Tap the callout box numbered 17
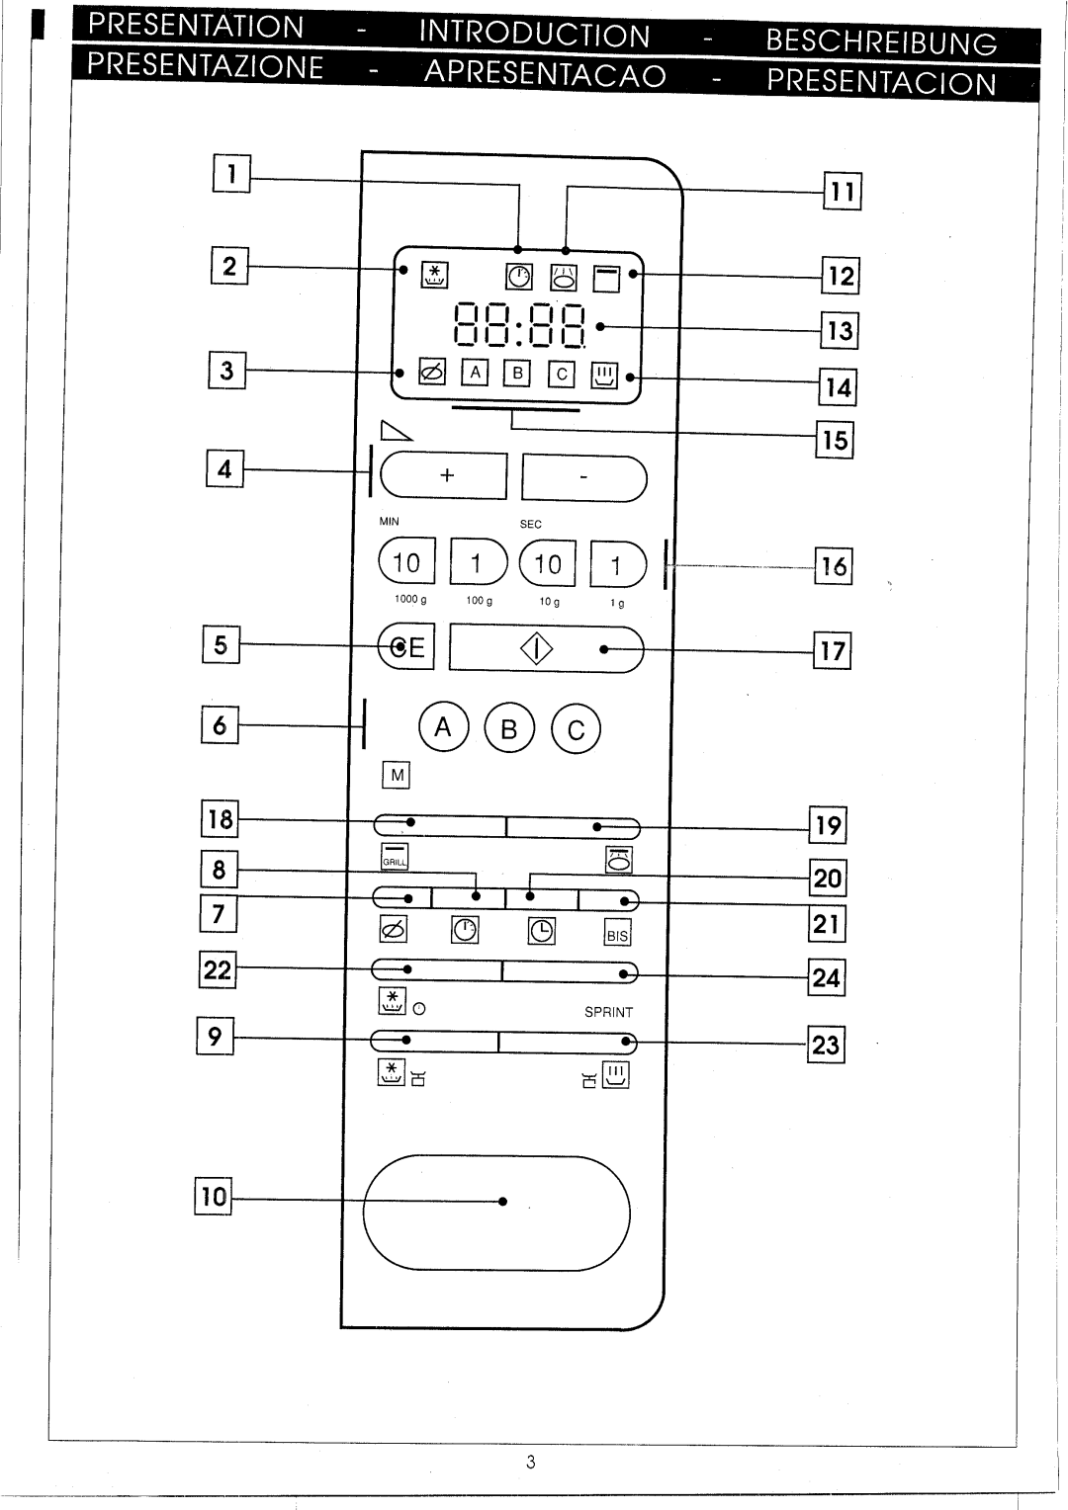tap(833, 650)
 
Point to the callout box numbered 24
tap(826, 977)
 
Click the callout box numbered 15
tap(835, 439)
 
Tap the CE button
tap(406, 647)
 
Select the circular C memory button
tap(576, 729)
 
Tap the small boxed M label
tap(397, 776)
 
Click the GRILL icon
tap(395, 858)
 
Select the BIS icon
tap(617, 934)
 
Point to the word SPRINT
tap(608, 1012)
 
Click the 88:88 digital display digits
tap(519, 326)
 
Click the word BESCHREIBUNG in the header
tap(880, 42)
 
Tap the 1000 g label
tap(409, 600)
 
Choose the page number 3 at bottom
tap(531, 1463)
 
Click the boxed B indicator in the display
tap(516, 373)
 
